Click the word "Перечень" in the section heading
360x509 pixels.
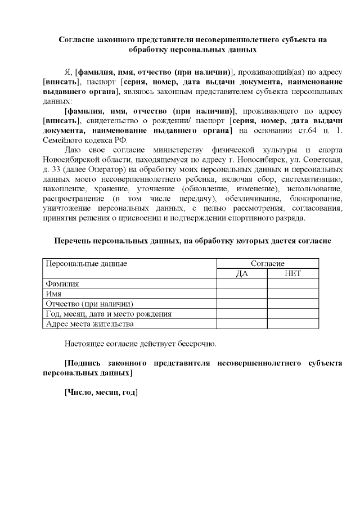point(74,241)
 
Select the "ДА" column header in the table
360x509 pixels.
point(242,274)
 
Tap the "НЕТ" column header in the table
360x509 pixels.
point(292,274)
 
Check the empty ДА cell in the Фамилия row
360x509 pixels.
point(242,284)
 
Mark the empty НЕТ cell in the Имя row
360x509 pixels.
point(292,294)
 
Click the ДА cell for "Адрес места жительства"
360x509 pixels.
point(242,324)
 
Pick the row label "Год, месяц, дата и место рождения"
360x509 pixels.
point(109,314)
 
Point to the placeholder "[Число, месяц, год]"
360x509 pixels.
point(101,392)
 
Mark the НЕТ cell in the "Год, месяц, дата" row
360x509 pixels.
point(292,314)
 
